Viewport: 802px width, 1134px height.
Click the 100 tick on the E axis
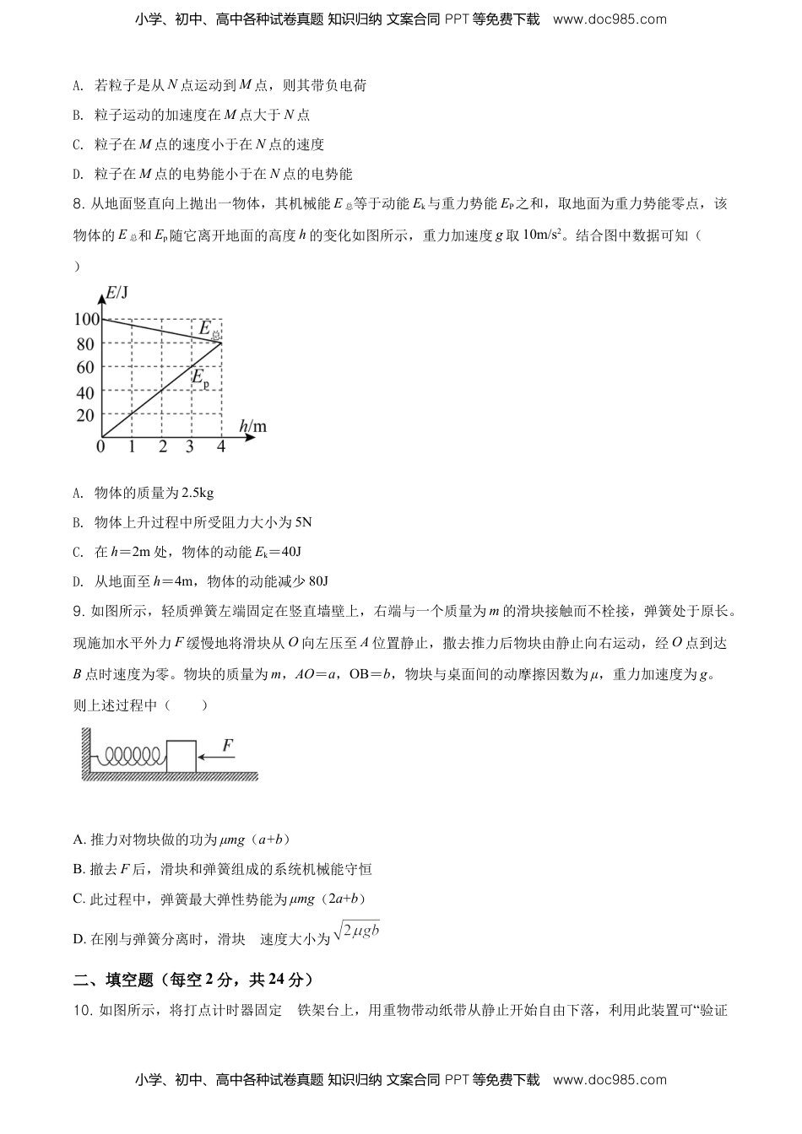click(86, 319)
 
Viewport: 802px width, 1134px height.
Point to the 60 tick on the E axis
click(85, 367)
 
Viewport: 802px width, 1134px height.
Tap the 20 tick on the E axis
click(85, 415)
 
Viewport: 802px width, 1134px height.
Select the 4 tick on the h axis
click(221, 446)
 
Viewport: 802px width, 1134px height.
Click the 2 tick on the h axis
click(162, 446)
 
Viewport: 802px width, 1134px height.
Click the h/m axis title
click(252, 427)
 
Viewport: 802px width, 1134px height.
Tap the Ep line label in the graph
click(200, 379)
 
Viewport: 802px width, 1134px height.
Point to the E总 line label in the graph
click(208, 330)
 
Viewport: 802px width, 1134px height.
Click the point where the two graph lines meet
click(221, 342)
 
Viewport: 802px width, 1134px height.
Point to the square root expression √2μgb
click(356, 932)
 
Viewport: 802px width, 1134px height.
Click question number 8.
click(79, 204)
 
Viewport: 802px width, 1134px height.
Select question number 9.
click(79, 611)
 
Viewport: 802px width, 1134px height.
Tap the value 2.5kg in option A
click(198, 493)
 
